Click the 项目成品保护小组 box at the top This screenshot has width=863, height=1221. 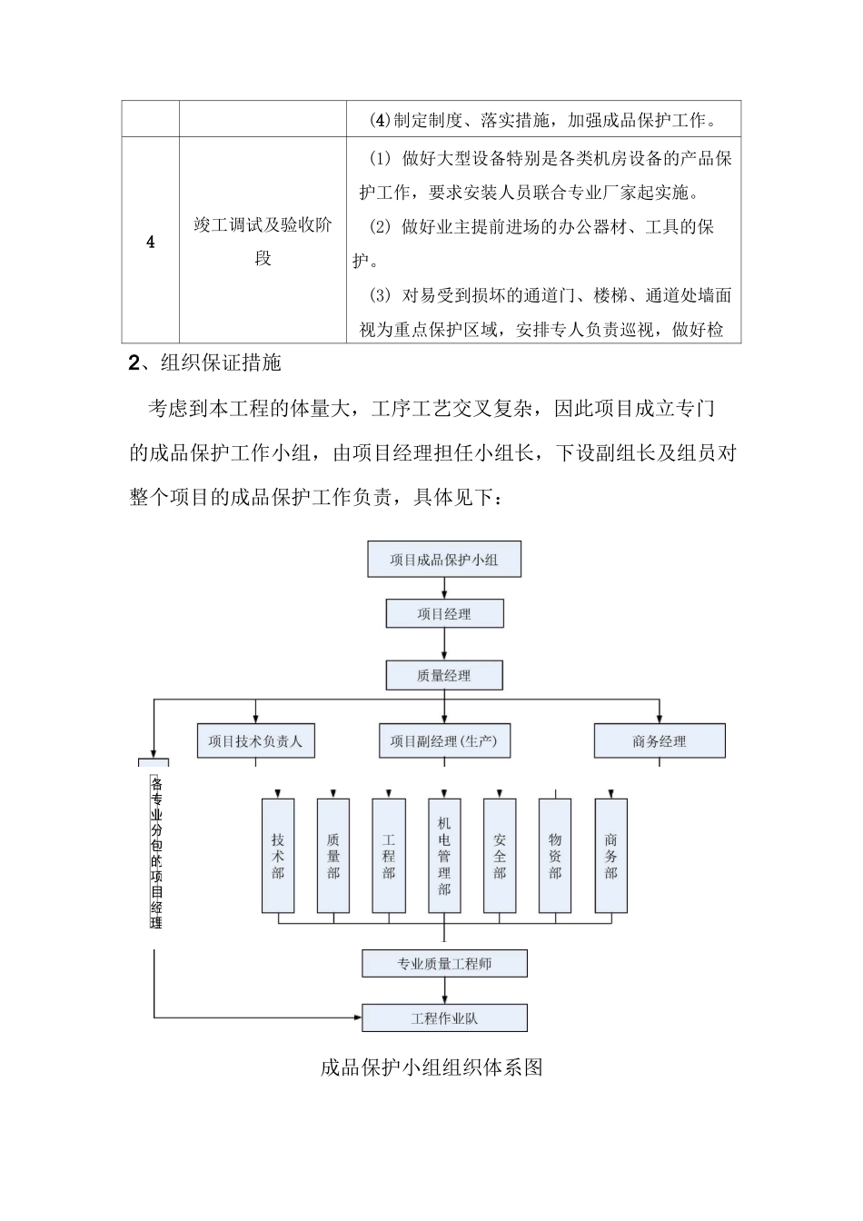[x=444, y=560]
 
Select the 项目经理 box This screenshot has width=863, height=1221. [x=444, y=614]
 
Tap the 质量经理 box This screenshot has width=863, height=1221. [x=444, y=675]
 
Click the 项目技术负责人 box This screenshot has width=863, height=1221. [x=255, y=741]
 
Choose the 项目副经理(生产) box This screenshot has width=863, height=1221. [x=444, y=741]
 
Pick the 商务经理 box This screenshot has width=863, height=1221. [x=660, y=741]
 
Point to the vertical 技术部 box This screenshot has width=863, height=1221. [x=278, y=856]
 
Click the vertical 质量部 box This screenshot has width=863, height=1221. [x=333, y=856]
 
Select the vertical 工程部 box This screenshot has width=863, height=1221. [x=389, y=856]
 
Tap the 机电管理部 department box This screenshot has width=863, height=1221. [x=444, y=856]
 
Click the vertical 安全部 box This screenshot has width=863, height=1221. [x=500, y=856]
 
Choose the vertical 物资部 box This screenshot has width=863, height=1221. [x=555, y=856]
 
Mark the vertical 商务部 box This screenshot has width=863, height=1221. [x=610, y=856]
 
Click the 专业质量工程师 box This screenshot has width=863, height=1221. [x=444, y=964]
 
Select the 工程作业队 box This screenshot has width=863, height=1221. [x=444, y=1018]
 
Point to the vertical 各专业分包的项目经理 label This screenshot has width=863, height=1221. [x=156, y=852]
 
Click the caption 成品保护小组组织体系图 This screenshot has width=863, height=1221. [x=431, y=1067]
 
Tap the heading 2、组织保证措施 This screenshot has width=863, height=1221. [x=205, y=363]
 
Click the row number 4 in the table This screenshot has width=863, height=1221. [x=151, y=243]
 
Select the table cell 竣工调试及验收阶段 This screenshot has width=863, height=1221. [x=263, y=242]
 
